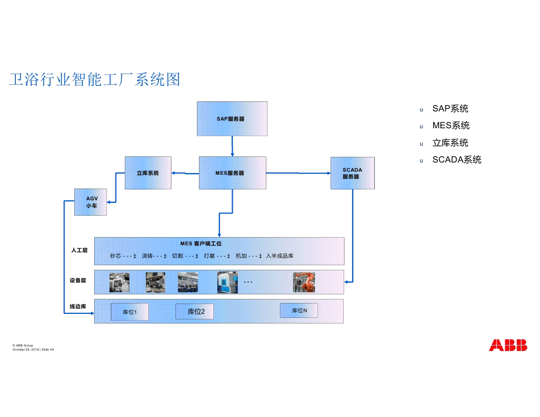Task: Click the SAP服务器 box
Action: (x=232, y=119)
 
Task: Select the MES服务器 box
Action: (x=232, y=173)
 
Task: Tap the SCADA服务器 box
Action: (x=352, y=173)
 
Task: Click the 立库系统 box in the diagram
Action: (x=148, y=173)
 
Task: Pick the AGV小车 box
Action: (x=91, y=202)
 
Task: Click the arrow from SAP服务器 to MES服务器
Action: (x=232, y=146)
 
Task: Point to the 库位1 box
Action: (x=130, y=311)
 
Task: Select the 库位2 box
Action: (x=194, y=311)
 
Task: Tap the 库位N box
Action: (x=299, y=310)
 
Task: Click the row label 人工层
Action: (x=79, y=250)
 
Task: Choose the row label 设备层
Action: (x=78, y=281)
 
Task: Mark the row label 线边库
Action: (x=78, y=307)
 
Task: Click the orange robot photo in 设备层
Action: (x=304, y=282)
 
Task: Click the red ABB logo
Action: (x=508, y=345)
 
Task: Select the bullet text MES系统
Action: (x=451, y=126)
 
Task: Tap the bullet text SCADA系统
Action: (x=457, y=160)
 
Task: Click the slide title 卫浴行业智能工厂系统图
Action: (x=95, y=80)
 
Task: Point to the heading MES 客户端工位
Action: (x=201, y=244)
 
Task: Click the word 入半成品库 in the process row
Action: (x=280, y=256)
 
